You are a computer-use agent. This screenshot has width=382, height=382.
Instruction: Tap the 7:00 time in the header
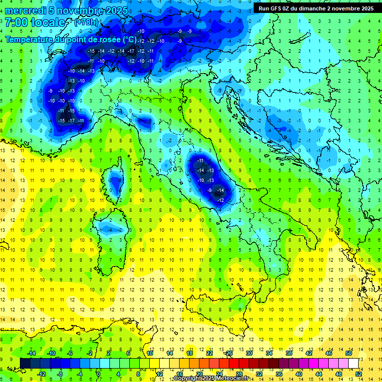(x=17, y=22)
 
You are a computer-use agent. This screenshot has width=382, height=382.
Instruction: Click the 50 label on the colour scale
(x=349, y=353)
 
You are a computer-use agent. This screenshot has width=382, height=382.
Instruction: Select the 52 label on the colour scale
(x=359, y=374)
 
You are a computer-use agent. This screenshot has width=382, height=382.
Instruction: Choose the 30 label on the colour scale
(x=249, y=353)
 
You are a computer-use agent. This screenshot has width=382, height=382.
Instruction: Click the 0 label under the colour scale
(x=98, y=374)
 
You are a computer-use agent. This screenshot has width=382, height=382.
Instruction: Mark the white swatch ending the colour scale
(x=353, y=363)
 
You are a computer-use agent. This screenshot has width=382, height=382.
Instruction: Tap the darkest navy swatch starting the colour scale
(x=25, y=363)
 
